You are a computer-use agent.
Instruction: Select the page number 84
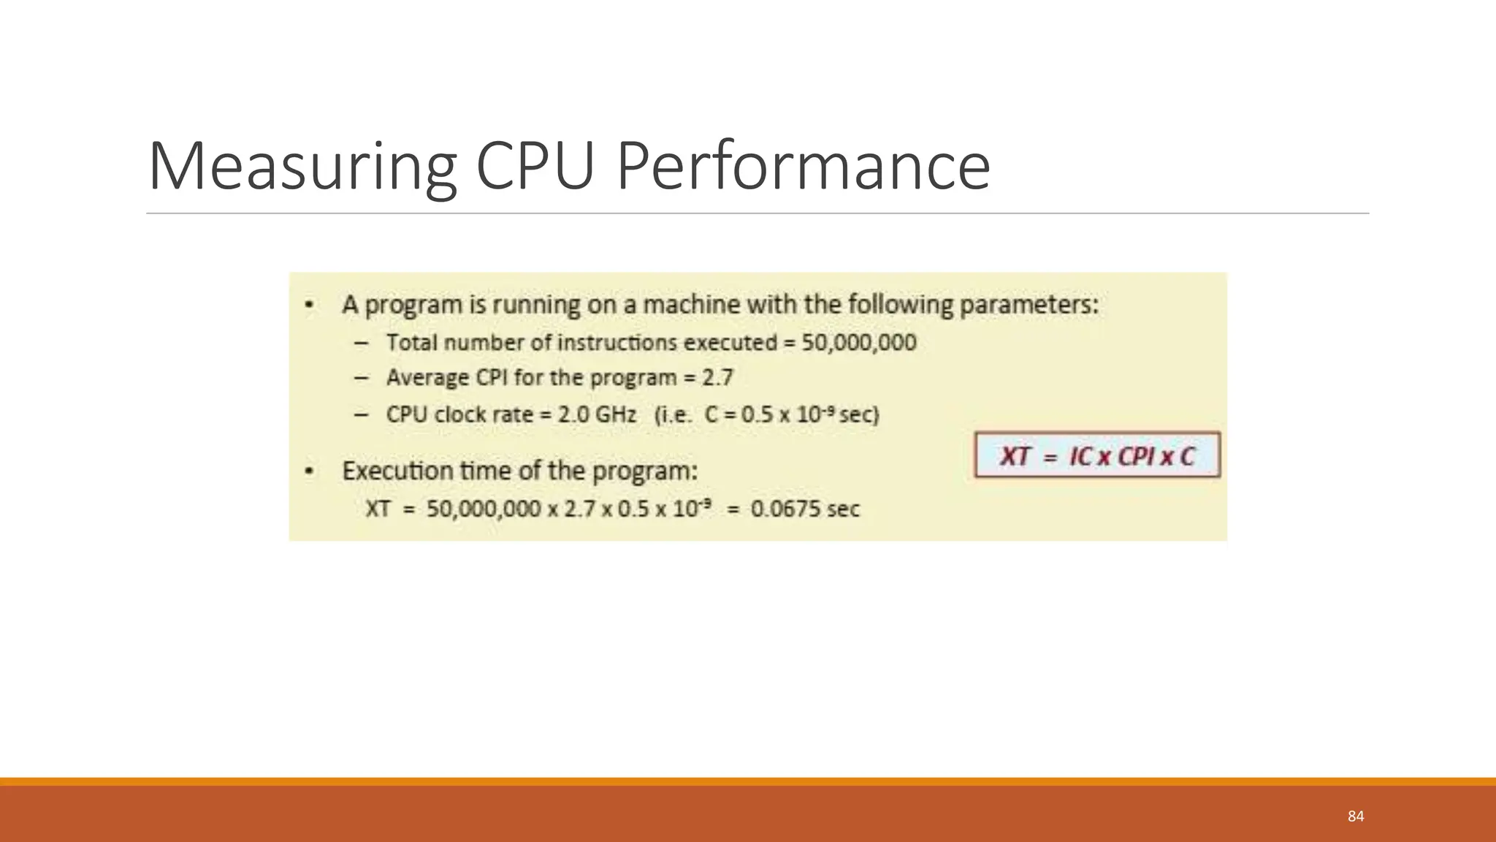coord(1356,816)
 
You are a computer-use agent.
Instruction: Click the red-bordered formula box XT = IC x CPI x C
coord(1097,456)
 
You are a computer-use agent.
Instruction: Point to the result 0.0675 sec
coord(805,509)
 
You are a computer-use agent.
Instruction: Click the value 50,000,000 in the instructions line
coord(859,342)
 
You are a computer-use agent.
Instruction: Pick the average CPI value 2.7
coord(717,378)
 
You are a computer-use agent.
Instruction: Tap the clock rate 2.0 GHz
coord(597,414)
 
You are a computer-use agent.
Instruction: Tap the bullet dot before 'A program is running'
coord(310,305)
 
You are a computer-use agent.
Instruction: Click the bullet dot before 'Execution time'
coord(310,471)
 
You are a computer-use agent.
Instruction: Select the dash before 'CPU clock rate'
coord(361,414)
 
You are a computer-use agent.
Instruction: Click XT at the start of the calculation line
coord(378,509)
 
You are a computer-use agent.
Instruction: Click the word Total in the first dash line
coord(412,342)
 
